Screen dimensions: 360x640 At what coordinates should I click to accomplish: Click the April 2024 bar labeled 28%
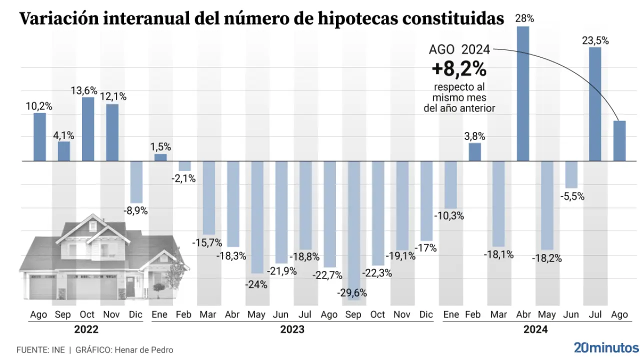[523, 93]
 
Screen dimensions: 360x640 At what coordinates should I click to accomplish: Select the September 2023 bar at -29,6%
[354, 230]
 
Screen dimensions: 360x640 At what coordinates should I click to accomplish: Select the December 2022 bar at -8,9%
[136, 182]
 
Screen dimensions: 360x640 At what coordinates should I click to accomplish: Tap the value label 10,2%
[39, 106]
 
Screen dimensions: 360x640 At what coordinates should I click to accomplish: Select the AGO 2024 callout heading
[459, 49]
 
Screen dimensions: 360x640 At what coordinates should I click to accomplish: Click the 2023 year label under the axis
[292, 329]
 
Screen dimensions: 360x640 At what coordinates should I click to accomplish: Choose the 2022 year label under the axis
[86, 329]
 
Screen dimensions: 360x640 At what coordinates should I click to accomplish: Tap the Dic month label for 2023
[426, 314]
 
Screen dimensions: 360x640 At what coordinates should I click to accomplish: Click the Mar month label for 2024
[498, 314]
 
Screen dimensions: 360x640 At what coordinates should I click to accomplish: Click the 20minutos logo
[606, 347]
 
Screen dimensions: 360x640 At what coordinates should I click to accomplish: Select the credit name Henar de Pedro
[144, 350]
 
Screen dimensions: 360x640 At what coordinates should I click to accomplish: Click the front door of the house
[130, 287]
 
